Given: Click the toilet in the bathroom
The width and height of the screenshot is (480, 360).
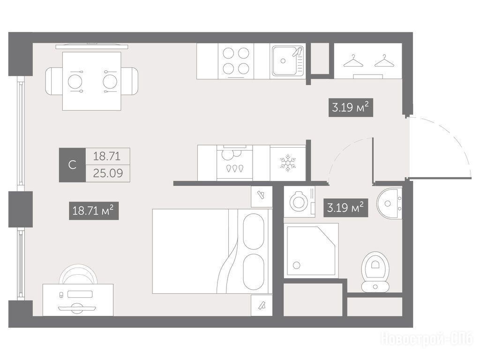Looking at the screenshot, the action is point(375,272).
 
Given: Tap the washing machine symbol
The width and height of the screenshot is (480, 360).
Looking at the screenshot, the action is point(300,202).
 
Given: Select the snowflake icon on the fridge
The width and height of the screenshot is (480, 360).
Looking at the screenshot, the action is point(288,163).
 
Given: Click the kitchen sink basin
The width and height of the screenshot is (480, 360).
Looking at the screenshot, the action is point(284,61).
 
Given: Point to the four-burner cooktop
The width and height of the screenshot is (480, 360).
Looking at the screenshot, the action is point(236,61).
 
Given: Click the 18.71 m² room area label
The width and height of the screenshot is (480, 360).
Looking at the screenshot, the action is point(94,210).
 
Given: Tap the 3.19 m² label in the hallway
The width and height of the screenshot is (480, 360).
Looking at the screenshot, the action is point(351,107).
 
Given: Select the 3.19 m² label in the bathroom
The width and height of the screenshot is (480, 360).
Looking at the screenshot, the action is point(346,208).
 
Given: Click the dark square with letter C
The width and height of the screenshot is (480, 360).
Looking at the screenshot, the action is point(72,165).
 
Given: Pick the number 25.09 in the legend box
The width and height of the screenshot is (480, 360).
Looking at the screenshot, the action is point(108,173).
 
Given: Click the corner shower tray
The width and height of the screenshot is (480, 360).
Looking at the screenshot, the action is point(311,250).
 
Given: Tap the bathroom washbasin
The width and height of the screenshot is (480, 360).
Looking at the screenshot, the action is point(389,203).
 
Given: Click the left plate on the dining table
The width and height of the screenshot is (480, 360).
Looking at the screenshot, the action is point(75,82).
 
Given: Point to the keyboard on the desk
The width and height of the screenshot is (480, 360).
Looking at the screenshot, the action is point(80,294).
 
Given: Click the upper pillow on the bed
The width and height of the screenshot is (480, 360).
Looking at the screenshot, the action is point(253,232).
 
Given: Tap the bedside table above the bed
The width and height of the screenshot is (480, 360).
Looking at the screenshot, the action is point(262,196).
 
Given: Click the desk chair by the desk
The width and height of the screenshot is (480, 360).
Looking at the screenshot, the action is point(78,274).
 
